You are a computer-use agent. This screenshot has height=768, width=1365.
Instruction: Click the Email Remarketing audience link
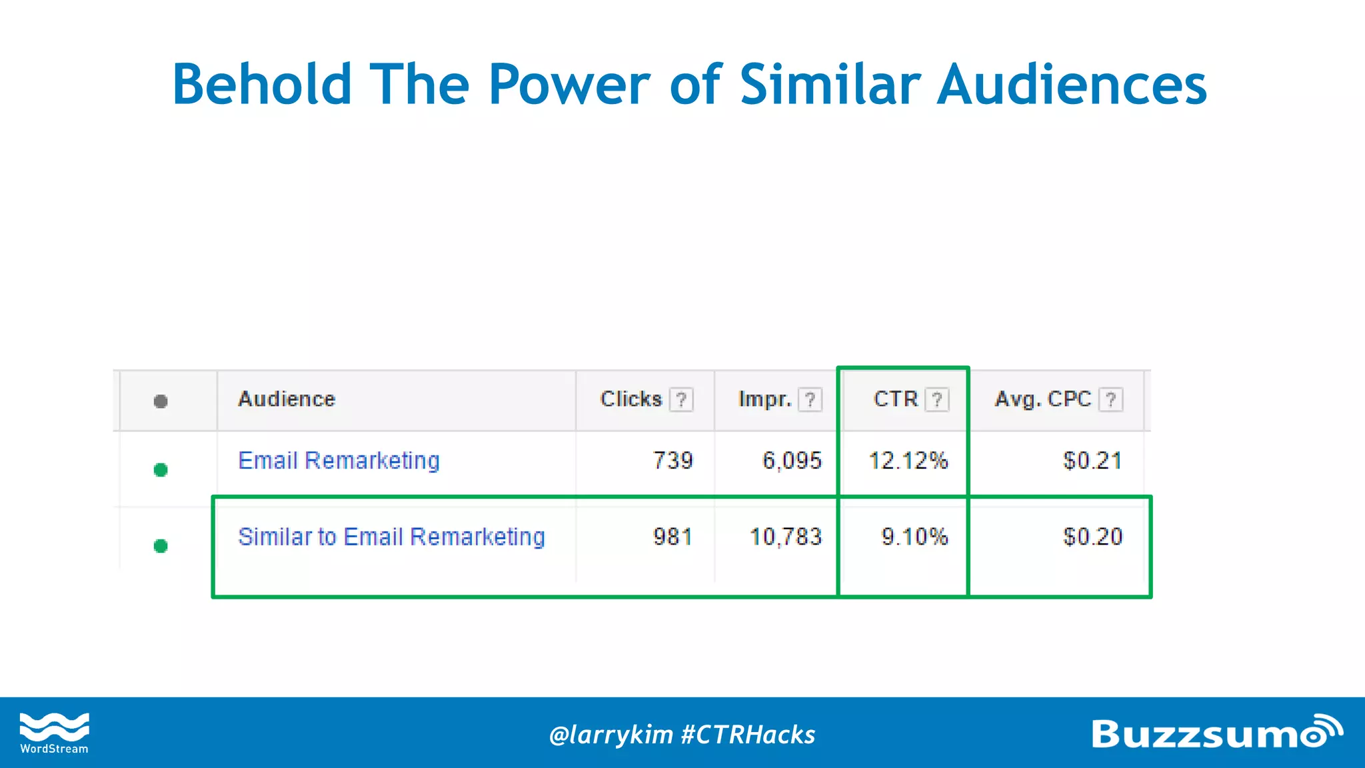tap(339, 461)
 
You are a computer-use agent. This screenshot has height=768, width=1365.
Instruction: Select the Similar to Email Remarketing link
tap(391, 537)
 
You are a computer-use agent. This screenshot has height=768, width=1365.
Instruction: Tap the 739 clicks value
tap(673, 461)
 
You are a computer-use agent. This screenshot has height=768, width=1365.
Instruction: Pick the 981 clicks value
tap(673, 537)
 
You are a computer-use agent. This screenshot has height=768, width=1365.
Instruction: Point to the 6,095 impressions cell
tap(792, 461)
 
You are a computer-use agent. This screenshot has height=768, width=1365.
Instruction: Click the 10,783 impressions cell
tap(786, 537)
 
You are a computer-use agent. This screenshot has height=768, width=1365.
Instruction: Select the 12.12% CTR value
tap(908, 461)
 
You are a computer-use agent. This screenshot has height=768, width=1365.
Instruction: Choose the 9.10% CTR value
tap(914, 537)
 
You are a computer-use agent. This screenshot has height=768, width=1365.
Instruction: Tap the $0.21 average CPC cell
tap(1092, 461)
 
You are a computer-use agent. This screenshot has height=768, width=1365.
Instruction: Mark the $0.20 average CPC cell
tap(1092, 537)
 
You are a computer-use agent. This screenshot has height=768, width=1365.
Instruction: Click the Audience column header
tap(287, 399)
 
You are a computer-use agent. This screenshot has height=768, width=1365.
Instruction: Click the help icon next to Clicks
tap(681, 400)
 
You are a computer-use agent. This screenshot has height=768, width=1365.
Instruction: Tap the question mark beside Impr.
tap(810, 400)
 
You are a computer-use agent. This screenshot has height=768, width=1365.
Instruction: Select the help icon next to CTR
tap(937, 400)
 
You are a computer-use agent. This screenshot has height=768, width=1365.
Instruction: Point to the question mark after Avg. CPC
tap(1110, 400)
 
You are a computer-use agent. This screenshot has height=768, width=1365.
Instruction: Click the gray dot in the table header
tap(161, 401)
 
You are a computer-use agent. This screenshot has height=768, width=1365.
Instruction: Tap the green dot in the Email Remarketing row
tap(161, 470)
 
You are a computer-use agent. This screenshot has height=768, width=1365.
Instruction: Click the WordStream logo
tap(54, 733)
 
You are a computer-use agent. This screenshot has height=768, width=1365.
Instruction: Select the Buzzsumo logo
tap(1216, 733)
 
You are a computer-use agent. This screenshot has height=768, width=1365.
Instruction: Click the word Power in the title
tap(569, 85)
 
